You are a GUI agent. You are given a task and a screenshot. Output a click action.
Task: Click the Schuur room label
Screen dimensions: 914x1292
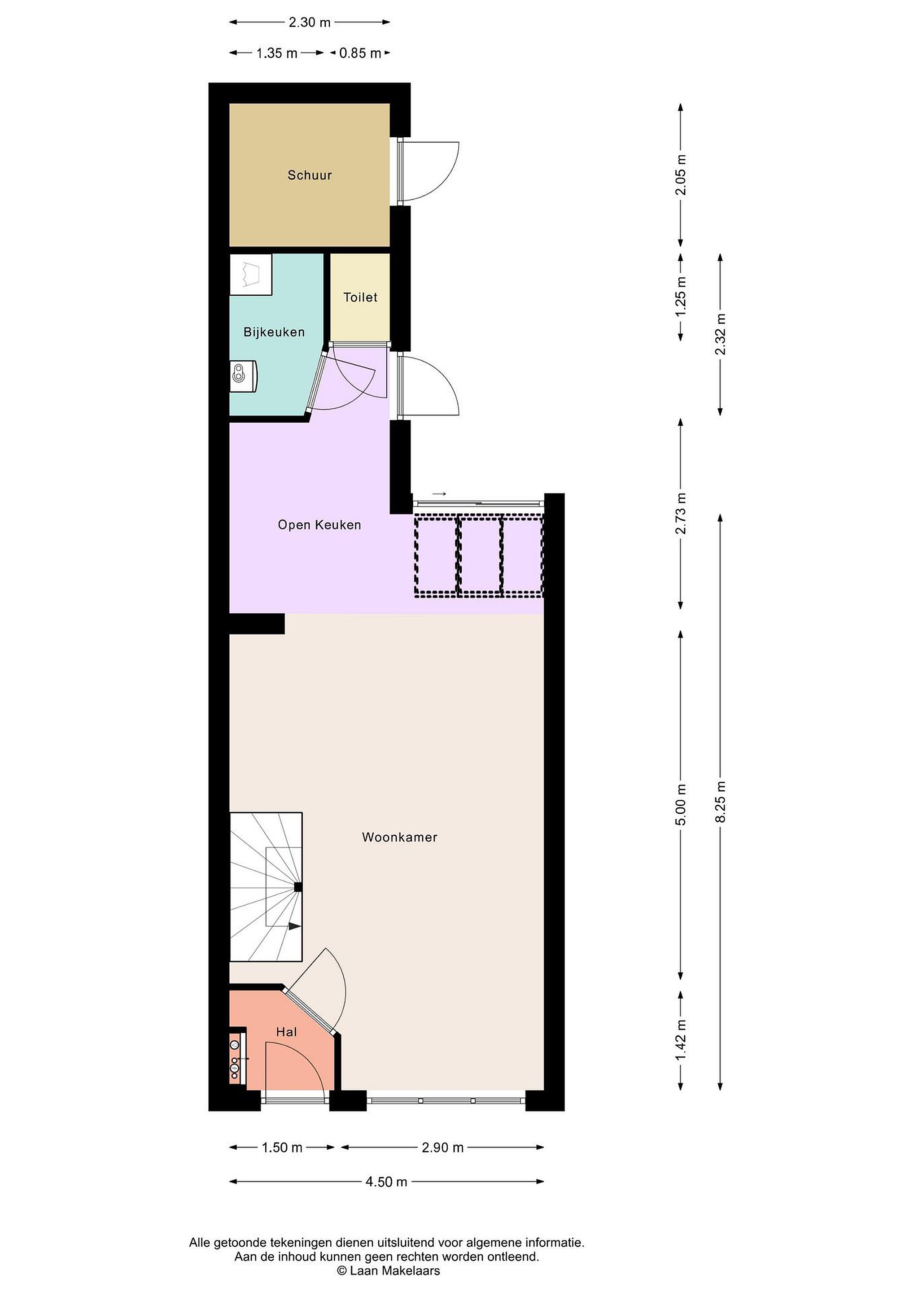[310, 175]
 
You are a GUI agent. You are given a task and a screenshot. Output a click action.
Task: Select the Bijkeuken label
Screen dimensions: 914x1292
[274, 332]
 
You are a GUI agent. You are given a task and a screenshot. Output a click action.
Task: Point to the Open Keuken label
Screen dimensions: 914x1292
[319, 525]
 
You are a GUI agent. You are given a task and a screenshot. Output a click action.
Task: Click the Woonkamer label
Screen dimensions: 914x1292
[400, 837]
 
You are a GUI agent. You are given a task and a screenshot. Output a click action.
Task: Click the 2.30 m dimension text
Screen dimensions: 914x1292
[310, 22]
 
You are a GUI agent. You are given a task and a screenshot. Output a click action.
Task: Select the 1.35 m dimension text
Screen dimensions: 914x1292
[277, 53]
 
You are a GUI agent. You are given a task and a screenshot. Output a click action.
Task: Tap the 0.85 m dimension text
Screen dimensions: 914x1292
[360, 53]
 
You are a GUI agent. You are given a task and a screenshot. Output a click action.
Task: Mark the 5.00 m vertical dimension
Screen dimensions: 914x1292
[681, 805]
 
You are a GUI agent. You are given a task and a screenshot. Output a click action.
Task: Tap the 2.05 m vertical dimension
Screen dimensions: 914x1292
[681, 175]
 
